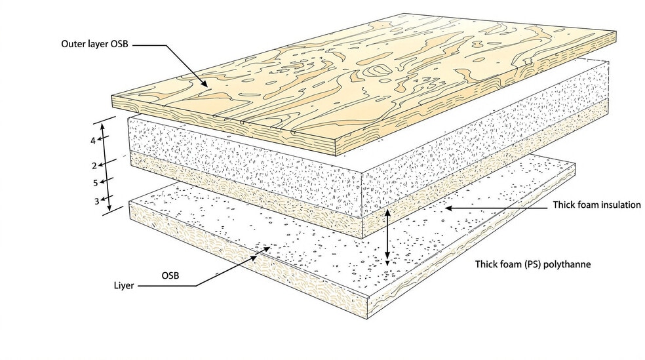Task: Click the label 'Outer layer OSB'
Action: click(94, 44)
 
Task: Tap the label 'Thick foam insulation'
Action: click(597, 205)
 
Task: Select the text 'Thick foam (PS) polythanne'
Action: click(533, 264)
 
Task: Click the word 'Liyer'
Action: click(124, 285)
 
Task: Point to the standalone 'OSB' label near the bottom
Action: click(170, 275)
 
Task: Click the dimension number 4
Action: click(93, 141)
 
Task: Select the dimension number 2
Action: click(94, 166)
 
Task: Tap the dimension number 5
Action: click(96, 183)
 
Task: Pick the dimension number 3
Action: click(96, 201)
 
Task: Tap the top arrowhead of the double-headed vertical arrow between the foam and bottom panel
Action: click(387, 212)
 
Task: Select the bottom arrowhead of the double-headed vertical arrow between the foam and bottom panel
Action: click(387, 260)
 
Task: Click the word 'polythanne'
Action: click(567, 264)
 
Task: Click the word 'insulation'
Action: click(619, 205)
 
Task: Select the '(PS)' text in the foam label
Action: click(533, 264)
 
